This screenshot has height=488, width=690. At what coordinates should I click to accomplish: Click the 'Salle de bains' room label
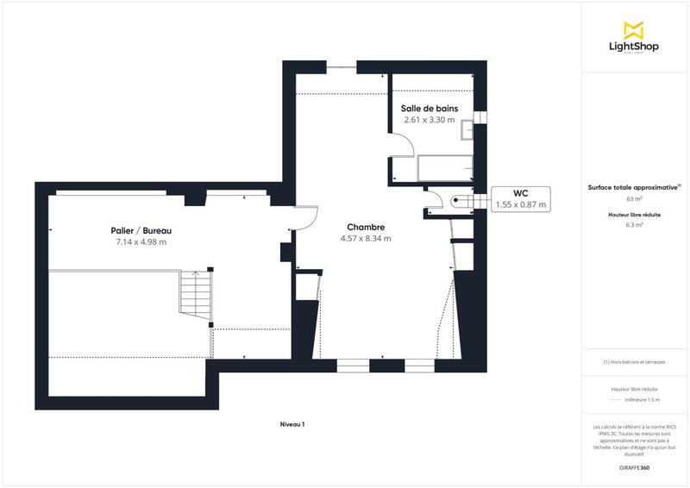429,109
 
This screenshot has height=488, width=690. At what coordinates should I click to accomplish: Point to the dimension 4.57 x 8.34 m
367,239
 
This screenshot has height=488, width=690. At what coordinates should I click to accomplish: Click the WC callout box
520,199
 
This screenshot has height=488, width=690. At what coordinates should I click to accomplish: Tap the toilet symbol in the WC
457,201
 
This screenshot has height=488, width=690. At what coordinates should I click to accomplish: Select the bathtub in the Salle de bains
445,169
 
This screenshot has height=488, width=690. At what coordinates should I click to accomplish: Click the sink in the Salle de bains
467,130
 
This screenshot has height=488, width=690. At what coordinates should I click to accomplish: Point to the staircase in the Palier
194,293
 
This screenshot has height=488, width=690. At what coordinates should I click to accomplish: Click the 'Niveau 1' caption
292,424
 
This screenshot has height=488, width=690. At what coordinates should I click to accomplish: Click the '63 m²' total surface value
634,198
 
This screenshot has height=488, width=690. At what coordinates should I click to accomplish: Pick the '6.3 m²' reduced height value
634,225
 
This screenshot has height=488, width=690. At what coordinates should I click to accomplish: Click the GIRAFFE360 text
634,466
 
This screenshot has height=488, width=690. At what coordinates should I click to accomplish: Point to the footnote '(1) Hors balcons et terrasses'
634,362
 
